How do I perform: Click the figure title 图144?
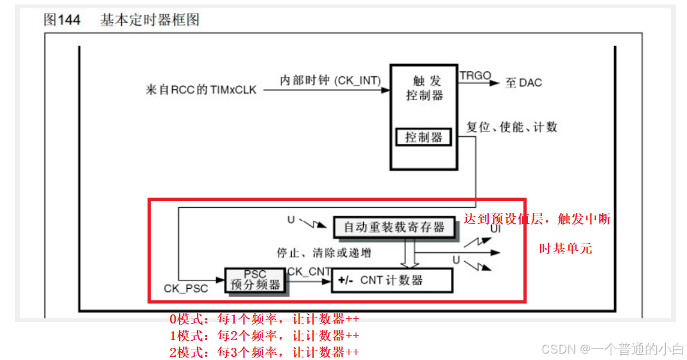[x=62, y=19]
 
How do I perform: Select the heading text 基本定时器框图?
[x=149, y=19]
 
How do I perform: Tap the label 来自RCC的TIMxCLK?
[x=201, y=90]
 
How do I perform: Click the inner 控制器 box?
[x=424, y=137]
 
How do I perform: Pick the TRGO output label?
[x=475, y=76]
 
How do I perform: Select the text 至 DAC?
[x=523, y=83]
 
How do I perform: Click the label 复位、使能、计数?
[x=511, y=127]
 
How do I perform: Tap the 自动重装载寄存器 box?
[x=394, y=227]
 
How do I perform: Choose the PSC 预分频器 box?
[x=255, y=280]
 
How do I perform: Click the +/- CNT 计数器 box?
[x=391, y=280]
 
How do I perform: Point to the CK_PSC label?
[x=186, y=289]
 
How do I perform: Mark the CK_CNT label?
[x=309, y=271]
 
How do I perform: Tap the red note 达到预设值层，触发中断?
[x=536, y=219]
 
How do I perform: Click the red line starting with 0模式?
[x=264, y=319]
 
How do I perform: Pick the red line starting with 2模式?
[x=264, y=352]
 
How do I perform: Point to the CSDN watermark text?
[x=612, y=349]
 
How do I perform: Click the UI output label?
[x=496, y=228]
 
